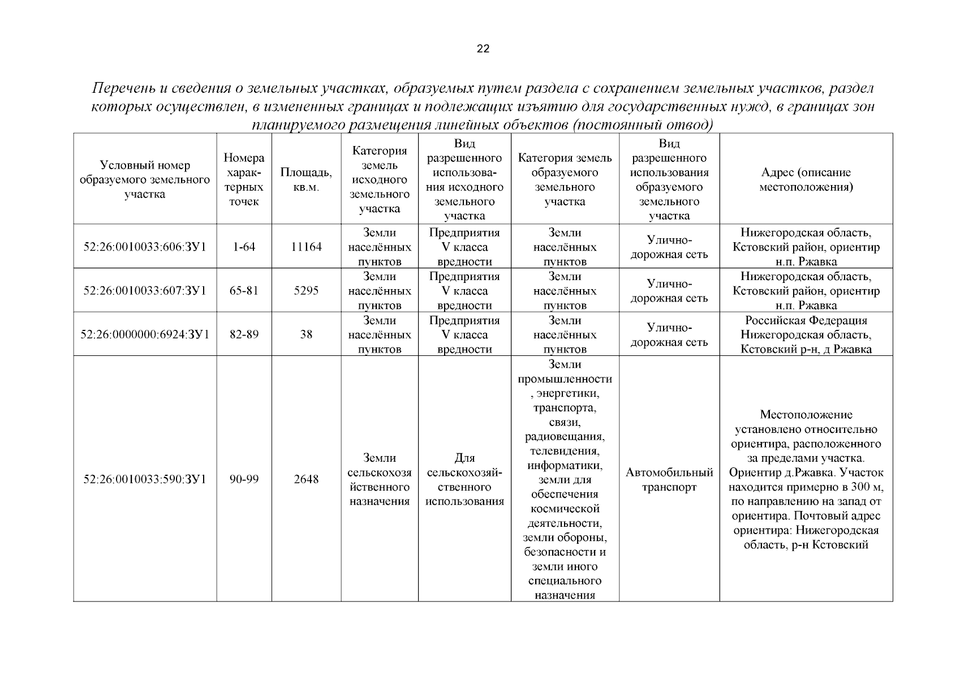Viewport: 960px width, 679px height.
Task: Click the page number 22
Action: [x=483, y=49]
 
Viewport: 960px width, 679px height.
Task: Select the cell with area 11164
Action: [x=306, y=247]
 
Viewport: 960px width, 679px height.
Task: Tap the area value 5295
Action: [x=306, y=291]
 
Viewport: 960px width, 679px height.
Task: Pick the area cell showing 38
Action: [x=306, y=334]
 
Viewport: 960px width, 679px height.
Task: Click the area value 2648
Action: [x=306, y=479]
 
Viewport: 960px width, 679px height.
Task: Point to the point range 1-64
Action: [x=244, y=247]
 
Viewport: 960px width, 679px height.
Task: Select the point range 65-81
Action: [x=244, y=291]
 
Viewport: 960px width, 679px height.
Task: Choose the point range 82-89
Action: [x=244, y=334]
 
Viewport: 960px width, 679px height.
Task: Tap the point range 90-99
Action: [x=244, y=479]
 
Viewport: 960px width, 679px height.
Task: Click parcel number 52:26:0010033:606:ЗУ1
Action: [x=145, y=247]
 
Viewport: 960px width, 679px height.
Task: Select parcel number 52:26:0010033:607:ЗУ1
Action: [x=145, y=291]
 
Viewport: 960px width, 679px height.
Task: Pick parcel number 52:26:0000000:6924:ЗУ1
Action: [x=145, y=334]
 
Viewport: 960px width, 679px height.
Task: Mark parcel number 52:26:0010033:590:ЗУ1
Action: [x=145, y=479]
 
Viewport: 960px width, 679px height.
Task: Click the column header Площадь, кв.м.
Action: [x=306, y=179]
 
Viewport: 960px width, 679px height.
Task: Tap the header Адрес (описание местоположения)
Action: [x=806, y=179]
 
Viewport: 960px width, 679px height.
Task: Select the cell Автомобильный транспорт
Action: [x=669, y=479]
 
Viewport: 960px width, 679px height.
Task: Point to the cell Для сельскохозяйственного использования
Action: [x=464, y=479]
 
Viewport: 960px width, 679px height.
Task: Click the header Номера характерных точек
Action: [x=244, y=179]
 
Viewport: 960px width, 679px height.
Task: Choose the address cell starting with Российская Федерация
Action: [x=806, y=334]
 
